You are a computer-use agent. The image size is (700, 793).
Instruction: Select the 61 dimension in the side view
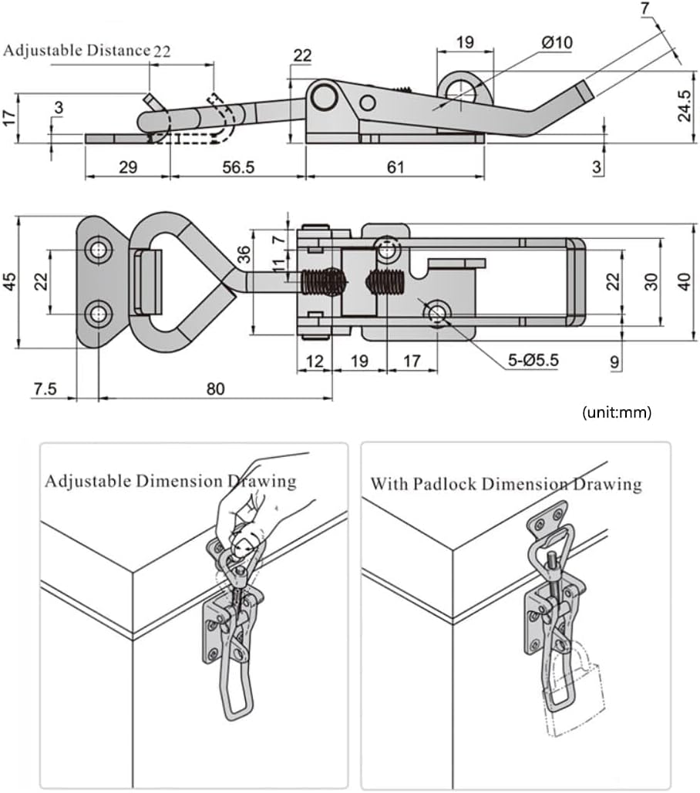click(394, 166)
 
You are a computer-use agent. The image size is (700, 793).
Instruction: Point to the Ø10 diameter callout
click(557, 43)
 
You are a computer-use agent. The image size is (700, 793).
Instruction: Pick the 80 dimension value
click(215, 389)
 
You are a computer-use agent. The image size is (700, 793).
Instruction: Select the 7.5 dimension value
click(45, 389)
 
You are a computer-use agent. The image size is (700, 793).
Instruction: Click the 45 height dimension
click(9, 282)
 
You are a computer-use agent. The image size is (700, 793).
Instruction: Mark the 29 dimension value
click(128, 166)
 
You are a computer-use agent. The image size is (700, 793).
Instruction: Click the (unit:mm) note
click(617, 412)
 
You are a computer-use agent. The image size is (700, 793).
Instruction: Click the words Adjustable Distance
click(76, 51)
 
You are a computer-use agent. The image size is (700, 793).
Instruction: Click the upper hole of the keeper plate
click(98, 250)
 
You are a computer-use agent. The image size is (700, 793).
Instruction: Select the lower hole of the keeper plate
click(98, 314)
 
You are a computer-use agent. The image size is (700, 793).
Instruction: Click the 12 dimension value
click(313, 359)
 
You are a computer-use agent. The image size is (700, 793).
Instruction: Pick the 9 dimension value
click(614, 359)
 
